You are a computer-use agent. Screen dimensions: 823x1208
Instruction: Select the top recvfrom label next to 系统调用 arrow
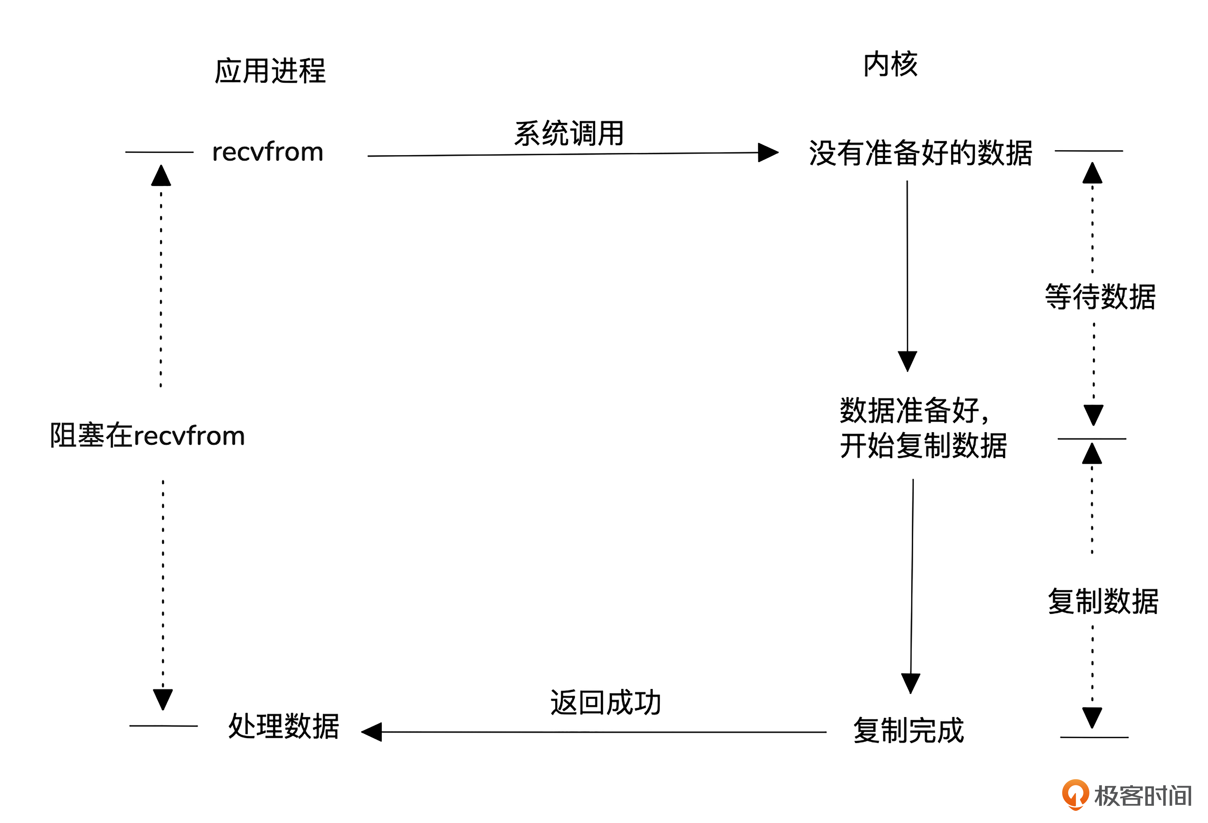point(268,152)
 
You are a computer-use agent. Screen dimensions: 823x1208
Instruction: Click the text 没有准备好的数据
point(920,153)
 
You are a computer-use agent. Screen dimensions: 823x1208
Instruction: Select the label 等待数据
point(1100,297)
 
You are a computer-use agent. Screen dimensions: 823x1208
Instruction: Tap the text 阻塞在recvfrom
point(147,435)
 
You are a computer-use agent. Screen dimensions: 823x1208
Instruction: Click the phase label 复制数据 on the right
point(1103,601)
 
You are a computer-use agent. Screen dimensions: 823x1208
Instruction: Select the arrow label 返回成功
point(606,702)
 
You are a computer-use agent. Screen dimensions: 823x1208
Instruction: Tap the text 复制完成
point(909,730)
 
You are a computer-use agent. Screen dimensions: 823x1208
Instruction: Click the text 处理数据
point(284,726)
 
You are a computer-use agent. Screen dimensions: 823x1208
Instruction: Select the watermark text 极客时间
point(1142,795)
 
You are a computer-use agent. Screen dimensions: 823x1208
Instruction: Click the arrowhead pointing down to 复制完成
point(911,683)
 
